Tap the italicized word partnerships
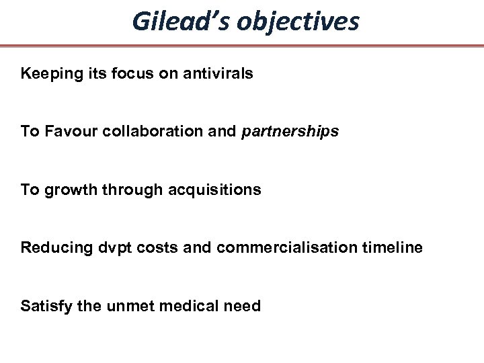point(289,132)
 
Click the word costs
point(150,248)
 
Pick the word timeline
point(394,248)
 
